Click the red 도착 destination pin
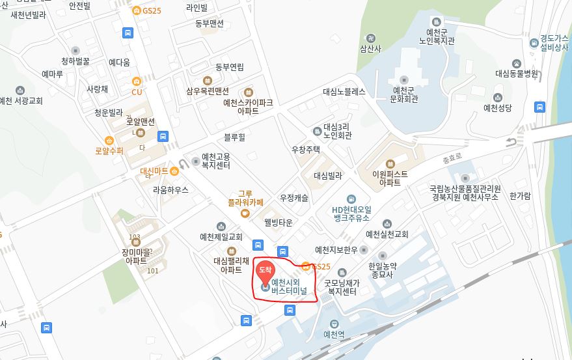point(266,270)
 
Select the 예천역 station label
point(334,335)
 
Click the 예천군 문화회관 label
point(404,94)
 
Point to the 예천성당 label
point(498,107)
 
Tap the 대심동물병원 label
point(517,74)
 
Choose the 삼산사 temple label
point(371,48)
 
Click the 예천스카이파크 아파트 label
point(248,107)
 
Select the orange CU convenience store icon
point(137,82)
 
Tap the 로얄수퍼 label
point(109,150)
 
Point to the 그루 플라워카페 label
point(245,198)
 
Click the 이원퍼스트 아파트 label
point(390,178)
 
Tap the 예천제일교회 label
point(221,236)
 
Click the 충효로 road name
point(452,158)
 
